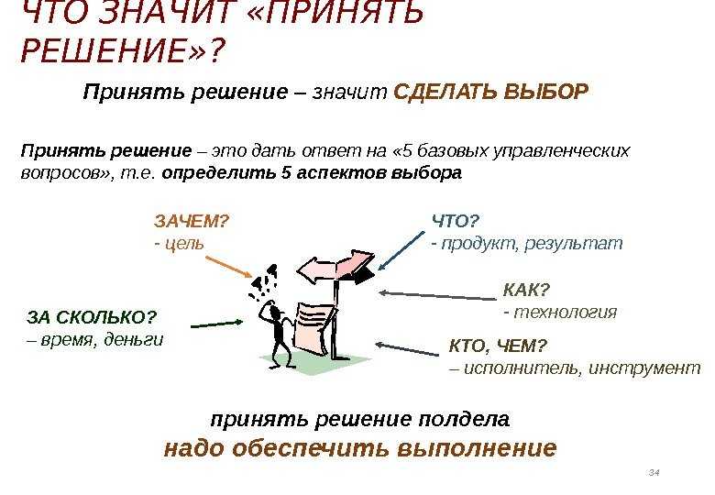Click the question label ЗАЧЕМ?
(x=192, y=222)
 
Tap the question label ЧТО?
(x=456, y=222)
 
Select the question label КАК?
(x=527, y=290)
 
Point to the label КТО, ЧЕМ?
(x=498, y=346)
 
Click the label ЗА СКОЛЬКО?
(x=92, y=317)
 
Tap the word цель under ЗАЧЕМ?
(x=183, y=245)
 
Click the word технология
(x=565, y=313)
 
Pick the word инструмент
(x=644, y=368)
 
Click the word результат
(x=573, y=245)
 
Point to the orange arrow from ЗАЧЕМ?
(x=228, y=267)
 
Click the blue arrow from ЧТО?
(x=401, y=250)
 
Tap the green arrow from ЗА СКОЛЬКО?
(x=216, y=324)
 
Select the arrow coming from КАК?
(x=438, y=295)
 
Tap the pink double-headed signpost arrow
(x=336, y=267)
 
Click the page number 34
(x=654, y=473)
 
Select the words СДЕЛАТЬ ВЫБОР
(x=490, y=92)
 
